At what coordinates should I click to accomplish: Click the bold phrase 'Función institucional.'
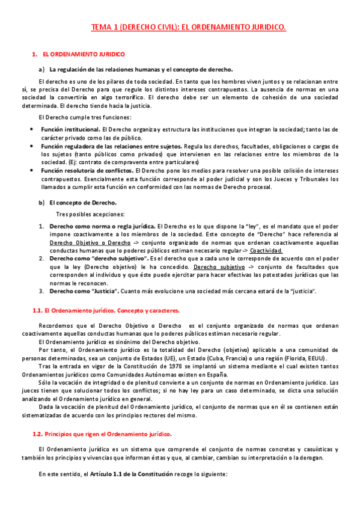tap(71, 129)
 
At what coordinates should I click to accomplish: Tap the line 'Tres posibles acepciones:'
tap(90, 215)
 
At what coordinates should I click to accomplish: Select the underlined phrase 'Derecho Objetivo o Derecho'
tap(90, 242)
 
